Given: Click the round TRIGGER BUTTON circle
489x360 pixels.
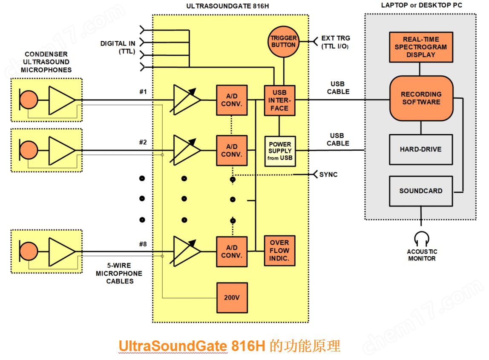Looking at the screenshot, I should click(284, 41).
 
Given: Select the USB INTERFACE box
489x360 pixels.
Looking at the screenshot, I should click(279, 100).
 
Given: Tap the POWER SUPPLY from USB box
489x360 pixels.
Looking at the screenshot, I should click(280, 151).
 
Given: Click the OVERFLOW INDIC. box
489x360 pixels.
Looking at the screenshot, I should click(279, 251).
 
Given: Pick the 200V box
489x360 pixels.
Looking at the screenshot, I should click(232, 297).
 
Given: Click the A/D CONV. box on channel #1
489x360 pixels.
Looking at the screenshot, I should click(232, 100).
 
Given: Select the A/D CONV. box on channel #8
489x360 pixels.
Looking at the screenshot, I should click(232, 251).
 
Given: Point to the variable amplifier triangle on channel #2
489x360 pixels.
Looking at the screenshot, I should click(186, 150).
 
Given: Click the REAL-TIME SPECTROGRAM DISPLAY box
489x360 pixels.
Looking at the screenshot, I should click(421, 47).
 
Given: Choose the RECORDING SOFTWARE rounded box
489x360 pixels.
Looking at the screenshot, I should click(421, 98).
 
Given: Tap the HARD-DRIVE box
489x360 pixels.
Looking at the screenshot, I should click(421, 149).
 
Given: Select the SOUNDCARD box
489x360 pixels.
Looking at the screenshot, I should click(421, 191).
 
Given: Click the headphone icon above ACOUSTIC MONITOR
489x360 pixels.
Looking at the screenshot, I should click(422, 238).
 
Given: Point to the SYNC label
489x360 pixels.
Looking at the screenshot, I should click(328, 174).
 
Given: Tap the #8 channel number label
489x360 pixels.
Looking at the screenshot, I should click(143, 244).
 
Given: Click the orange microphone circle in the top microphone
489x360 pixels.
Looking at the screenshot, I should click(29, 100).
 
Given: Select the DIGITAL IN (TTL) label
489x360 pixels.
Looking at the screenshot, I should click(118, 47).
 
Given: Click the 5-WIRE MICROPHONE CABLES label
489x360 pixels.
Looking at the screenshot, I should click(120, 273).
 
